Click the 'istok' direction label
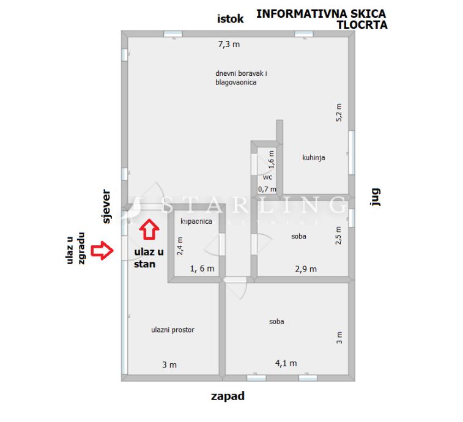pos(230,19)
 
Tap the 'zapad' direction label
pos(228,396)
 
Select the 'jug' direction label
pos(376,197)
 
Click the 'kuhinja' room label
pos(313,157)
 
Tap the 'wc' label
pos(267,177)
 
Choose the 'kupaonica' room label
pos(196,221)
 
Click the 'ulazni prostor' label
pos(172,330)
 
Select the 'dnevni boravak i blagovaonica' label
pos(241,78)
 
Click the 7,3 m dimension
pos(229,44)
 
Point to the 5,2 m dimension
pos(339,113)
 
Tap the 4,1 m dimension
pos(286,363)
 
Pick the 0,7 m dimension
pos(267,189)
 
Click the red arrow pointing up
pos(149,229)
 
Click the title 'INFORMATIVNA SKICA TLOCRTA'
pos(321,19)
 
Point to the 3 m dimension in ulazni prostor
pos(169,365)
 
